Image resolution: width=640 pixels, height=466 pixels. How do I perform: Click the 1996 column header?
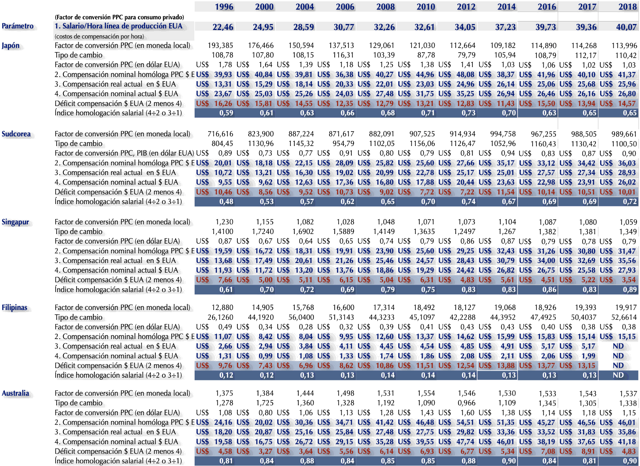click(224, 7)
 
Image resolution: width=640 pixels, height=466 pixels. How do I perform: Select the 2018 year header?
click(627, 7)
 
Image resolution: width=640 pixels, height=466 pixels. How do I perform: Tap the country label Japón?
click(11, 46)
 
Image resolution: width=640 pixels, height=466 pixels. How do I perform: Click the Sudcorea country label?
click(16, 134)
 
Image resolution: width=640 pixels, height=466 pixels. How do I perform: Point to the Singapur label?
click(15, 222)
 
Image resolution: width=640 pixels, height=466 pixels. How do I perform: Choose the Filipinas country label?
click(15, 307)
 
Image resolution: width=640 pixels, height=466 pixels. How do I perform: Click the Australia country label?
click(15, 393)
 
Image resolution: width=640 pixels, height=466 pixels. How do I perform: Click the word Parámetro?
click(18, 26)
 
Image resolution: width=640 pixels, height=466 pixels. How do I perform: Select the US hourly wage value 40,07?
click(626, 27)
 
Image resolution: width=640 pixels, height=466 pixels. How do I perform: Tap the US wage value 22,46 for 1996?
click(223, 27)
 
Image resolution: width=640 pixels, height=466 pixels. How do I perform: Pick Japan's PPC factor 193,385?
click(220, 45)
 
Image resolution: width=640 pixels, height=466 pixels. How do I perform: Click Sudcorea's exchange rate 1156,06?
click(422, 144)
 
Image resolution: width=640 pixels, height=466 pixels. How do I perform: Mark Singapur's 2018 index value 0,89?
click(630, 290)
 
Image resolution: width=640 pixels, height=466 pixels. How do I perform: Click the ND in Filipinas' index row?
click(618, 375)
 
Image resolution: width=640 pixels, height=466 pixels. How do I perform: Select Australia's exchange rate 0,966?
click(466, 403)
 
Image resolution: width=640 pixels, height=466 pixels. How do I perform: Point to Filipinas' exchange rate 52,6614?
click(624, 317)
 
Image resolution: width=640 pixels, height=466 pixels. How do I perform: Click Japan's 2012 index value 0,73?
click(468, 113)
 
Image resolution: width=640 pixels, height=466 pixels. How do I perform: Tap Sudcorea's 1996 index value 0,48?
click(226, 202)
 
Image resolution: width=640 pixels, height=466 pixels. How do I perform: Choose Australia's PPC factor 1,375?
click(224, 393)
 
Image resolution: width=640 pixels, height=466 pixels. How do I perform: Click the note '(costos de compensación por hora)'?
click(99, 36)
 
